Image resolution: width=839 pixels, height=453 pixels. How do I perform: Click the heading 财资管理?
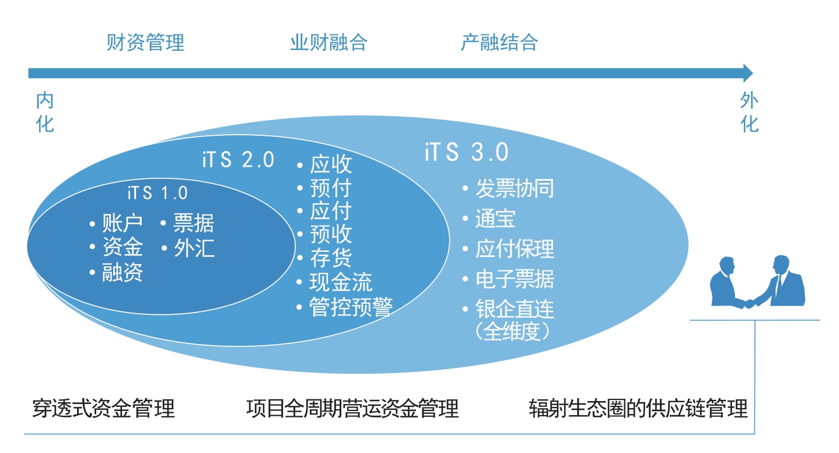pyautogui.click(x=145, y=43)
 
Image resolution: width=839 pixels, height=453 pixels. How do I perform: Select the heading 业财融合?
pyautogui.click(x=328, y=43)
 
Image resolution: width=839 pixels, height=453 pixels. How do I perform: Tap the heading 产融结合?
pyautogui.click(x=499, y=43)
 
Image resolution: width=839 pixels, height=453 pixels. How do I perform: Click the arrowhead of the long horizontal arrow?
pyautogui.click(x=747, y=73)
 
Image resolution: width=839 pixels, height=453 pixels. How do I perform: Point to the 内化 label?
pyautogui.click(x=45, y=113)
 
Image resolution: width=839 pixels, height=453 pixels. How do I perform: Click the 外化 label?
pyautogui.click(x=750, y=113)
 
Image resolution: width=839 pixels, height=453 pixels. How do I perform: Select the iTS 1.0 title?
pyautogui.click(x=158, y=193)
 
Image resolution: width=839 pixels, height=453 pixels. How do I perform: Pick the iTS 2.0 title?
pyautogui.click(x=238, y=160)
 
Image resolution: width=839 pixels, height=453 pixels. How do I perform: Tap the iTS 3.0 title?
pyautogui.click(x=466, y=152)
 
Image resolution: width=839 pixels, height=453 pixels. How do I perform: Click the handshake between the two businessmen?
pyautogui.click(x=749, y=304)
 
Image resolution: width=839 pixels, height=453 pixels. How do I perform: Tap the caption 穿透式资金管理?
pyautogui.click(x=103, y=408)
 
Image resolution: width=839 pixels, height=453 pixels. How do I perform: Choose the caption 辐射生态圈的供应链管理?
pyautogui.click(x=638, y=408)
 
